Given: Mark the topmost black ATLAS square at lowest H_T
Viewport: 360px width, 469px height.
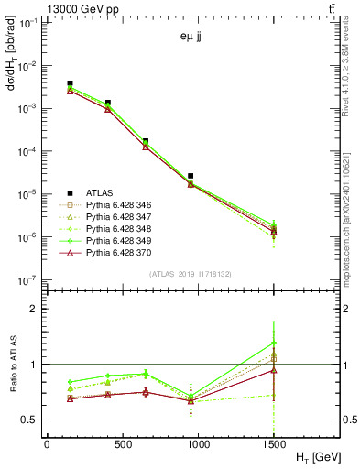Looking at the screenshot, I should pyautogui.click(x=71, y=83).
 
